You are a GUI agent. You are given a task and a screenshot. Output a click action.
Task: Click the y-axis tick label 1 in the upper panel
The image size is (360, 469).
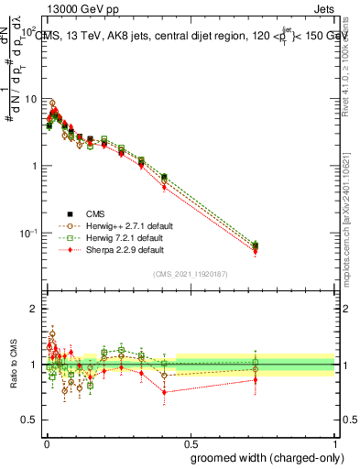click(x=35, y=166)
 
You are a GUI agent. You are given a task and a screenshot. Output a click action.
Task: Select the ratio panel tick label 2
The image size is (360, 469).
click(x=35, y=309)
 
